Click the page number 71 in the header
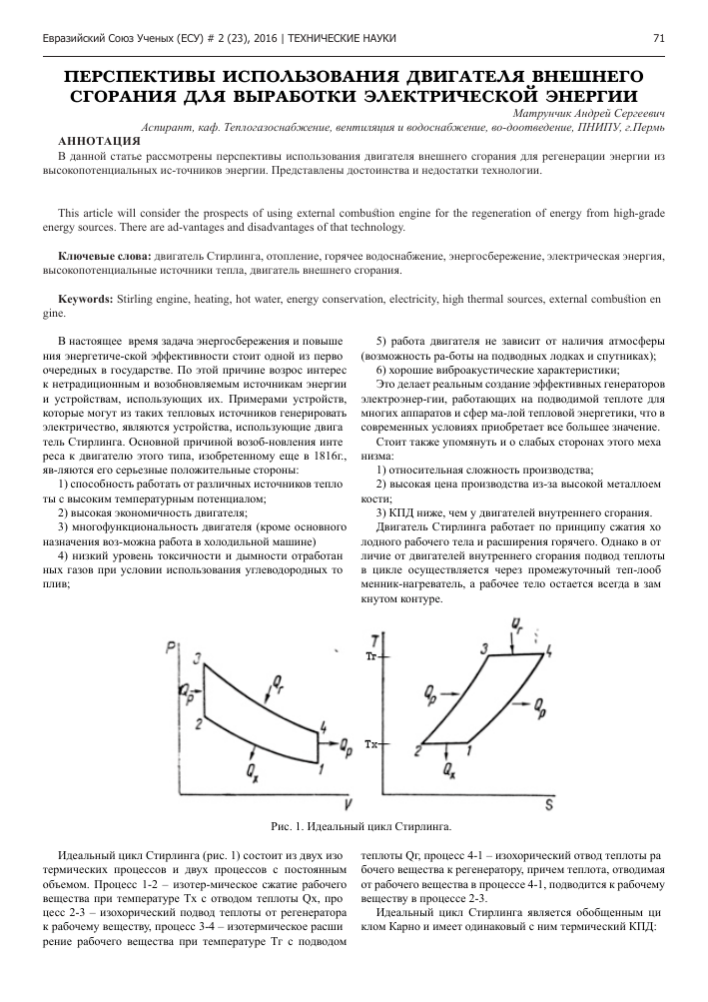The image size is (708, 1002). tap(658, 38)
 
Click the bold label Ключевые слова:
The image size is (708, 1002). tap(105, 257)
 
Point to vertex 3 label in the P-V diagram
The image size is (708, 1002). tap(198, 656)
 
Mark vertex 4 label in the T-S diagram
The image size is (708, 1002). tap(550, 650)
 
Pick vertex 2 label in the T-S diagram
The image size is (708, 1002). tap(417, 750)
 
